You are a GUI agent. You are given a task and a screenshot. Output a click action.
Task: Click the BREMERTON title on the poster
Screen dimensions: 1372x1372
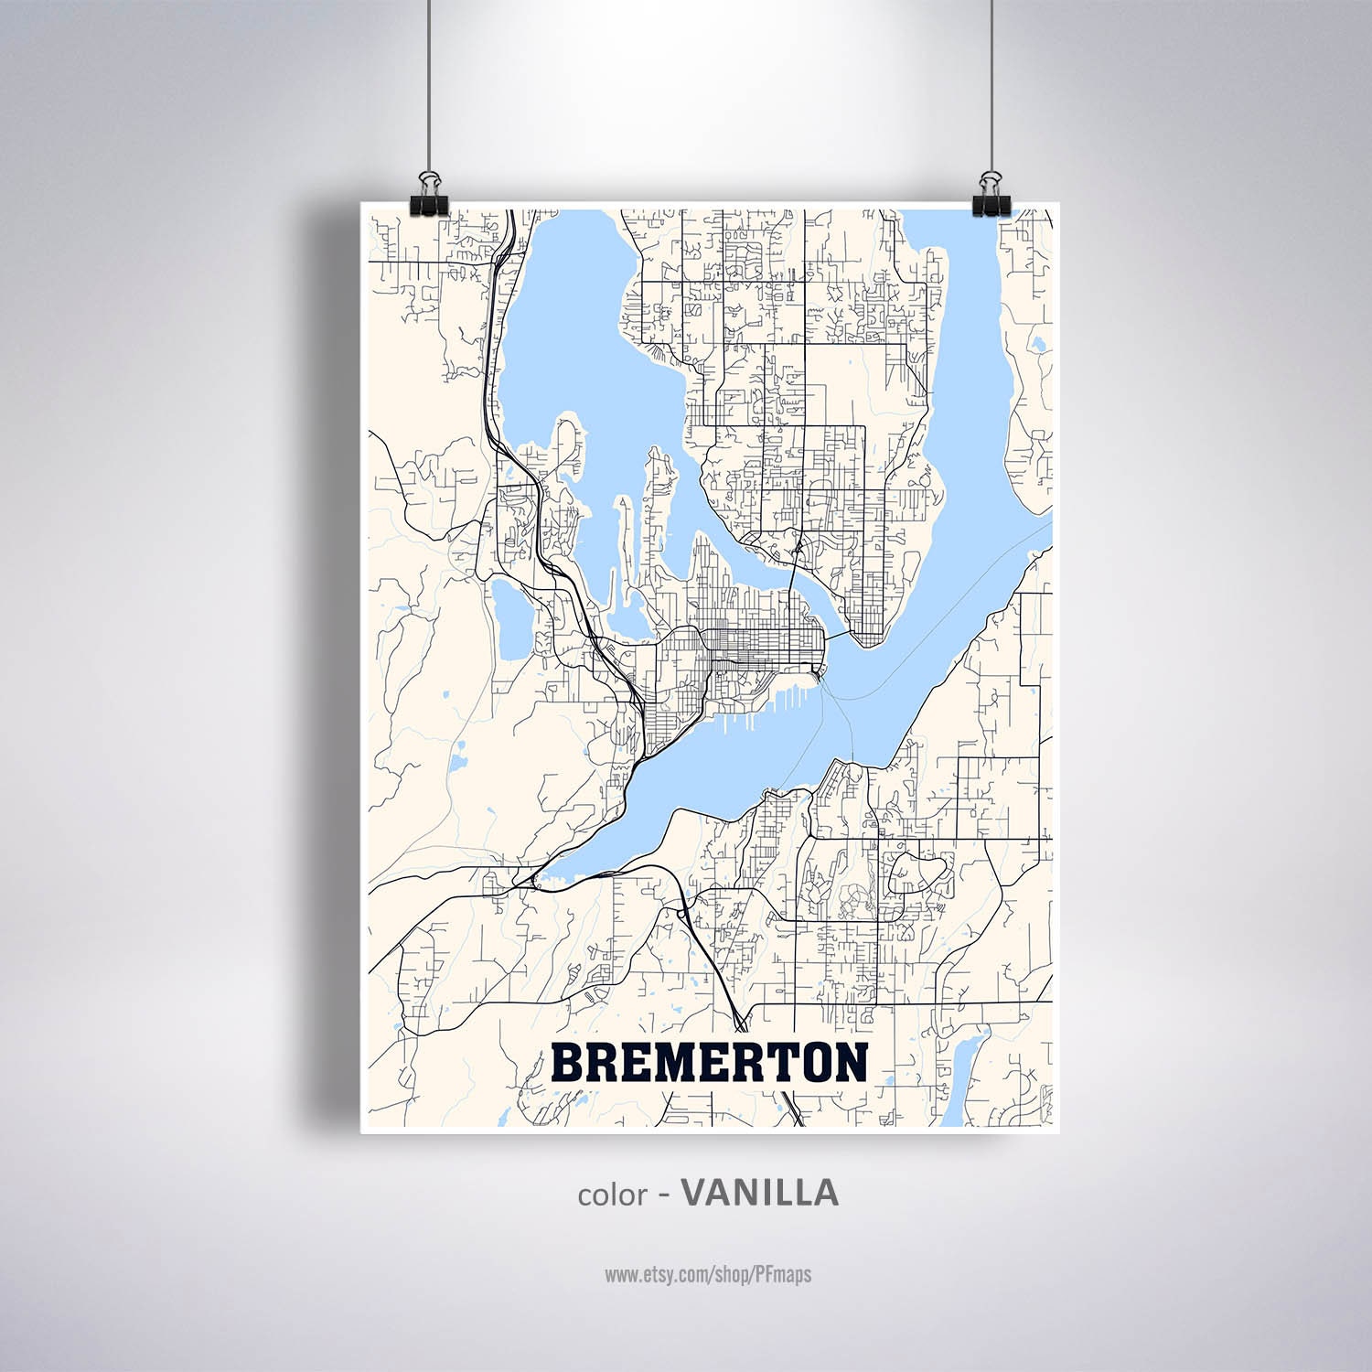tap(710, 1062)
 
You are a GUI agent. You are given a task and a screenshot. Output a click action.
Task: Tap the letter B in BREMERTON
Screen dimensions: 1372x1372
tap(568, 1062)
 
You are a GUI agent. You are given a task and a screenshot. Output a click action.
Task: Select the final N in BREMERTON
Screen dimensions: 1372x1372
tap(849, 1062)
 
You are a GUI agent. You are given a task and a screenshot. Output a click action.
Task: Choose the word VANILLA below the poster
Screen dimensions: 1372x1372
tap(760, 1193)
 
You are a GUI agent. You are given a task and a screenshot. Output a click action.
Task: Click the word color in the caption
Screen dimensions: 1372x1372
tap(612, 1195)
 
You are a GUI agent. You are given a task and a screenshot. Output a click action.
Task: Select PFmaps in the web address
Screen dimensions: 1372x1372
tap(784, 1273)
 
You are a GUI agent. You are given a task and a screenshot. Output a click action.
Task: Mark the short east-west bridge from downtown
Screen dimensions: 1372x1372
tap(837, 631)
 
